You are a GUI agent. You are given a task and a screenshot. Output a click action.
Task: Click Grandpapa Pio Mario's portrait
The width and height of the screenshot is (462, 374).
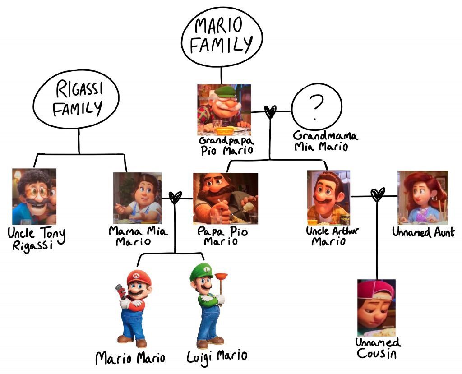point(224,110)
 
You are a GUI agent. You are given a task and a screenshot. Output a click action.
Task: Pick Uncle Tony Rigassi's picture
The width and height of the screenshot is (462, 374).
point(34,196)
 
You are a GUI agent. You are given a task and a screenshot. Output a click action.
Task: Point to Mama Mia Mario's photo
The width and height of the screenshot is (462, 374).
point(137,198)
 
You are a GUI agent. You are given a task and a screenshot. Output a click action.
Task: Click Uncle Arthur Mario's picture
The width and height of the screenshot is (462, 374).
point(328,197)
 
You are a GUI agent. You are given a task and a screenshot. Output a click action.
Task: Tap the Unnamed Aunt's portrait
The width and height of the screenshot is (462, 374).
point(423,197)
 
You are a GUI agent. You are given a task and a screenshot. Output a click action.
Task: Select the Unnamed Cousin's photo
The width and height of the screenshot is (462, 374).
point(376,307)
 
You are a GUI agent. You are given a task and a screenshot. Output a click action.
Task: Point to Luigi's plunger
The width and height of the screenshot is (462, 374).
point(221,282)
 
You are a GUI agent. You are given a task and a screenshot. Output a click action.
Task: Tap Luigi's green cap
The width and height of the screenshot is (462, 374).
point(201,272)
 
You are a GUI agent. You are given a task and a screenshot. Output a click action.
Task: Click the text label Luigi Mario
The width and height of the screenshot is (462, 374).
point(217,356)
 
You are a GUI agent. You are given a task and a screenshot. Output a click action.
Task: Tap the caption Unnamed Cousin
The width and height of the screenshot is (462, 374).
point(377,348)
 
